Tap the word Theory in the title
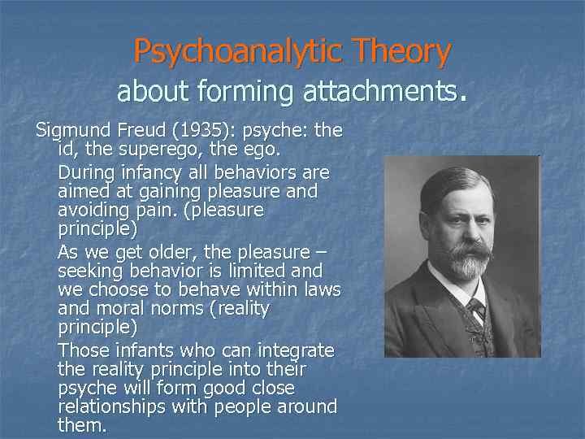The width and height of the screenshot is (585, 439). (401, 52)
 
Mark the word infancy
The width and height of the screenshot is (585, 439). (149, 173)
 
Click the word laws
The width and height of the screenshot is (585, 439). (322, 289)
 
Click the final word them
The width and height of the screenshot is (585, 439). (81, 425)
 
